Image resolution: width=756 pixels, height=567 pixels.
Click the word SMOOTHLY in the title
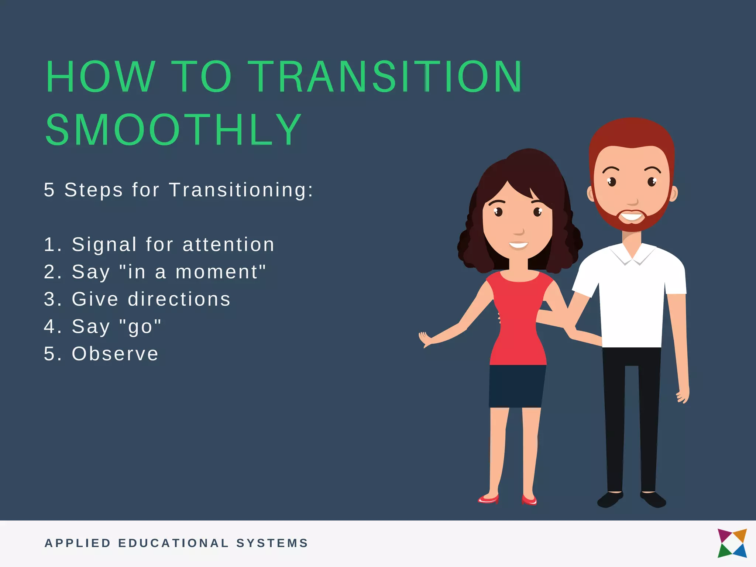click(173, 130)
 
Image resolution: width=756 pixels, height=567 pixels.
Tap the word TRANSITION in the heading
click(385, 77)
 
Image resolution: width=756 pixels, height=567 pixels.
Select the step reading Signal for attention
click(159, 245)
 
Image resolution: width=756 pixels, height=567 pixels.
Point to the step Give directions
click(137, 299)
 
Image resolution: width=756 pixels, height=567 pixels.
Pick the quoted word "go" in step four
click(141, 327)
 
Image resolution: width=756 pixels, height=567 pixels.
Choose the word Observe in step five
click(115, 354)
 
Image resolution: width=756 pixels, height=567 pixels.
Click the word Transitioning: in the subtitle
click(241, 190)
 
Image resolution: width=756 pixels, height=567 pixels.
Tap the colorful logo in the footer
click(732, 543)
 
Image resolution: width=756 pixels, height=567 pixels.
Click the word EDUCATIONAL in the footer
click(173, 543)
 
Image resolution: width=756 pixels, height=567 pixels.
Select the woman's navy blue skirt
click(517, 386)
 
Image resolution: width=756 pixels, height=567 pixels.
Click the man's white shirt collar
click(632, 255)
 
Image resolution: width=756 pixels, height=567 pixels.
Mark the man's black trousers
click(631, 417)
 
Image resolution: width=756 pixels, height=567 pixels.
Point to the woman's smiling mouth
click(518, 245)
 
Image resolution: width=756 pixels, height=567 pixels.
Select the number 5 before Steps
click(49, 190)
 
